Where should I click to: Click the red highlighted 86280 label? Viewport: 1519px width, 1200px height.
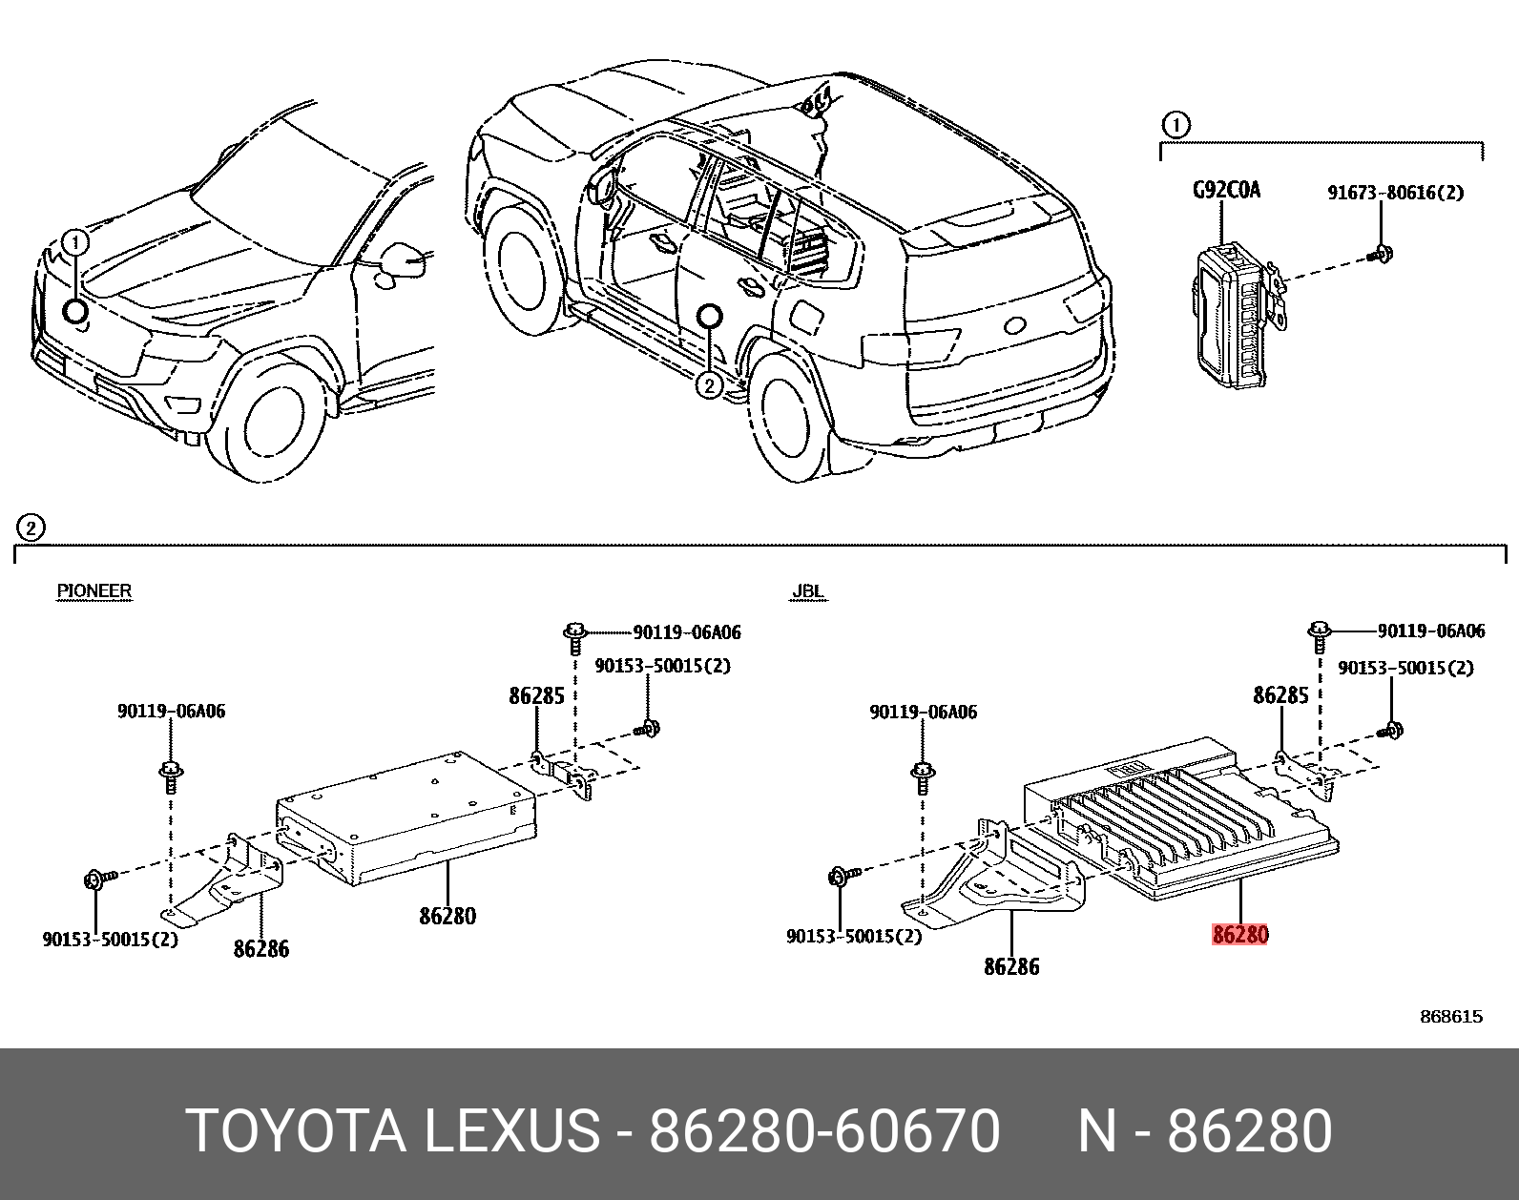[1239, 935]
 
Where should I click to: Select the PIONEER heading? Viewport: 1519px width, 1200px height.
[94, 590]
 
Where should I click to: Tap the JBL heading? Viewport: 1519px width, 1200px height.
[807, 591]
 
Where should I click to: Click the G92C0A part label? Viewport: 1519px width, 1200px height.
[1226, 190]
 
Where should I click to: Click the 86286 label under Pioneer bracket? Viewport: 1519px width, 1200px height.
[260, 948]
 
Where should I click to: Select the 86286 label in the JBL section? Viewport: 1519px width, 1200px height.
[1011, 966]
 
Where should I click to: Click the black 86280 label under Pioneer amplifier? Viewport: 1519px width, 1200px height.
[447, 916]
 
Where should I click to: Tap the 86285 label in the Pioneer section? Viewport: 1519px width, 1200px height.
[536, 695]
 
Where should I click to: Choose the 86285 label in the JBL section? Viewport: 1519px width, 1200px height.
[1280, 695]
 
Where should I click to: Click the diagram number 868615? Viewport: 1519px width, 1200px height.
[1451, 1017]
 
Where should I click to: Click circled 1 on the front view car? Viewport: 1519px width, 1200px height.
[75, 242]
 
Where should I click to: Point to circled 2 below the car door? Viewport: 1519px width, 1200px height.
[708, 385]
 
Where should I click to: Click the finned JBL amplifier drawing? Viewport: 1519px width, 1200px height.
[1183, 820]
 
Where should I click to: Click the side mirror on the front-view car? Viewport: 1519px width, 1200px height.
[401, 262]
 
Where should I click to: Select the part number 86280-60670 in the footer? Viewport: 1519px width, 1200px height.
[824, 1132]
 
